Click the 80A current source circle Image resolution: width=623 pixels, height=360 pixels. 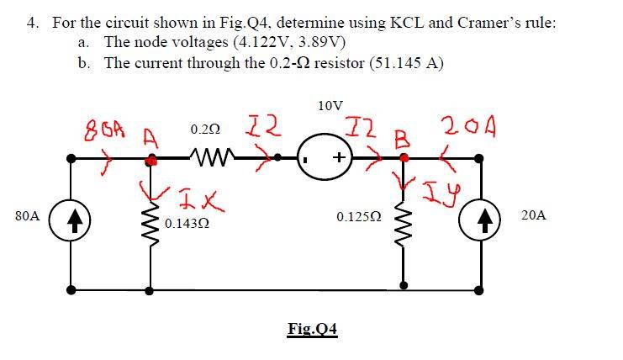pyautogui.click(x=71, y=216)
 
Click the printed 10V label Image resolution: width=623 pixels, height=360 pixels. pyautogui.click(x=330, y=106)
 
